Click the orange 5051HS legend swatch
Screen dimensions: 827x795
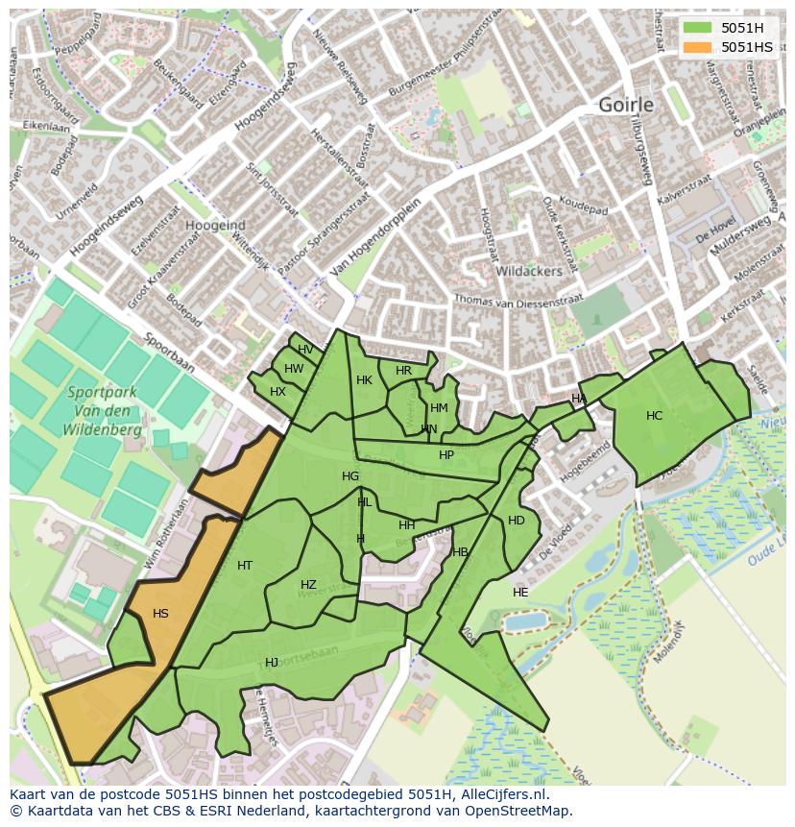click(698, 47)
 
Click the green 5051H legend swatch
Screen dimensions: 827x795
click(698, 28)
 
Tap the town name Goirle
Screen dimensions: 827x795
click(625, 105)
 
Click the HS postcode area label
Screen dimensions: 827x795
click(160, 614)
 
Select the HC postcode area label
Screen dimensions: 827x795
click(654, 416)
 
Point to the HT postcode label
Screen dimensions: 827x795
click(245, 566)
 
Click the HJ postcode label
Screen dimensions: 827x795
click(272, 663)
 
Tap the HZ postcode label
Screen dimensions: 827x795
click(308, 585)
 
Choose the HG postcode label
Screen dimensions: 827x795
click(350, 476)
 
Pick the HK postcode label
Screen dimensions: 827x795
click(364, 380)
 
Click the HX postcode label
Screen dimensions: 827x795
click(277, 392)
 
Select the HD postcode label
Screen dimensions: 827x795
click(517, 521)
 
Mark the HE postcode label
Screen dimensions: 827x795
click(520, 593)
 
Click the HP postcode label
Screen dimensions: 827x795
click(446, 455)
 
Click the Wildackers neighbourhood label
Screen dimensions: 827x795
click(528, 272)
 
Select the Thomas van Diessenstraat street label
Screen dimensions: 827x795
click(518, 301)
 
